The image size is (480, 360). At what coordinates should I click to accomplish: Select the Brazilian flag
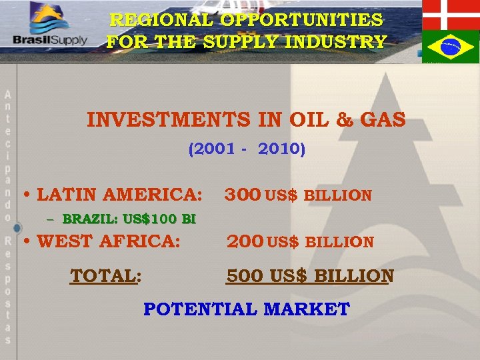point(451,46)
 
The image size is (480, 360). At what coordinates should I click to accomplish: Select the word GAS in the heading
point(383,120)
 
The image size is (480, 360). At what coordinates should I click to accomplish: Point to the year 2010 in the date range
point(279,149)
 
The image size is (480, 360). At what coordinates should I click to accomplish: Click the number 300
point(243,195)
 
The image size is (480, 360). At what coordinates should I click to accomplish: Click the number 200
point(245,241)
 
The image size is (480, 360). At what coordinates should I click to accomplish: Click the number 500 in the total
point(245,275)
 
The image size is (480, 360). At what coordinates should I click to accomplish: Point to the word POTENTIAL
point(201,309)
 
